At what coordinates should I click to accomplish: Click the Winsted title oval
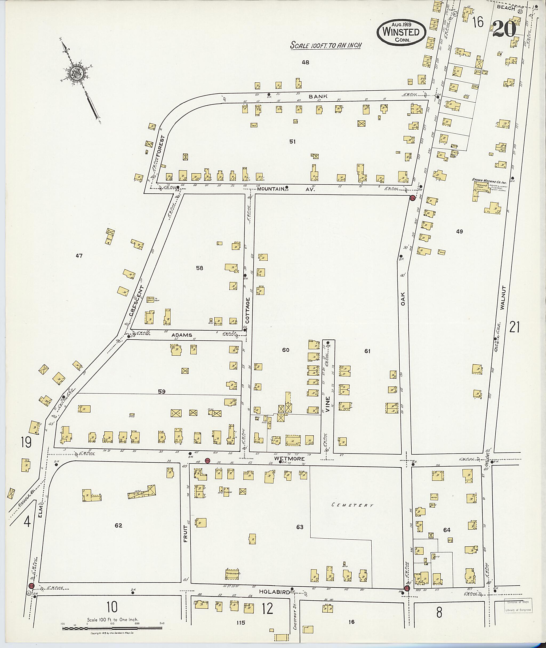(x=401, y=32)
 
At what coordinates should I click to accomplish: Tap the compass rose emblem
(x=75, y=74)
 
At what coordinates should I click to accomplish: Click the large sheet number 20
(x=504, y=29)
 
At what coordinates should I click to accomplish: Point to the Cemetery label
(x=352, y=505)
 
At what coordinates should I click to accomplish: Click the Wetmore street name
(x=294, y=458)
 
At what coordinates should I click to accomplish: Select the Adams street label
(x=182, y=335)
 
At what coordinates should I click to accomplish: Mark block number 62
(x=118, y=525)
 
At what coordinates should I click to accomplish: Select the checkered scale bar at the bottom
(x=112, y=629)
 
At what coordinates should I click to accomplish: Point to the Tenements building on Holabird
(x=233, y=574)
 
